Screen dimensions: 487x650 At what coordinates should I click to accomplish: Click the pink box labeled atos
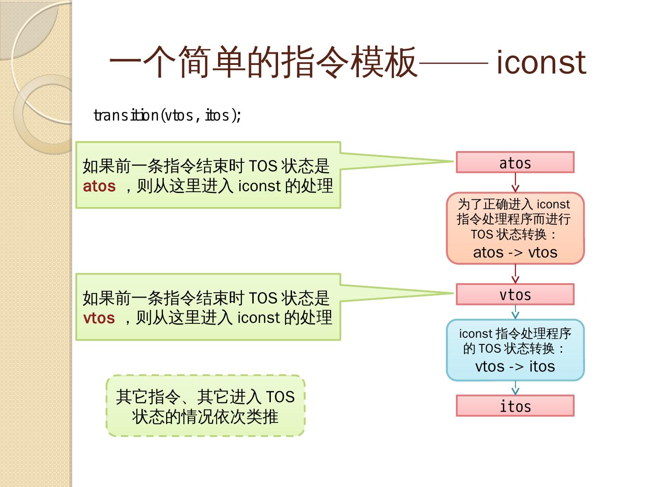click(x=515, y=162)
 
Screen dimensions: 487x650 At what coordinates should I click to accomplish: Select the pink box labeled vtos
click(x=515, y=294)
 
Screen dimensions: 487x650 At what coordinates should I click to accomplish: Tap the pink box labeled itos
click(x=515, y=406)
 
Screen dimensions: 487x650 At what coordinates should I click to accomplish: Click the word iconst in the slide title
click(x=541, y=62)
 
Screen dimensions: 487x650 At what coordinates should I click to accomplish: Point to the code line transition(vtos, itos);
click(x=167, y=115)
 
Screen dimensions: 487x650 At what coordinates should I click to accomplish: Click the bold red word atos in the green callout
click(x=99, y=186)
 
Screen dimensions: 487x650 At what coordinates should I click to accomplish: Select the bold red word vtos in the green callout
click(x=99, y=318)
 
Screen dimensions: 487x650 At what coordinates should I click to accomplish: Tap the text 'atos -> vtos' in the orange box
click(x=515, y=252)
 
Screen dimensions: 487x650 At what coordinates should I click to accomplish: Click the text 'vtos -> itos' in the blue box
click(x=515, y=366)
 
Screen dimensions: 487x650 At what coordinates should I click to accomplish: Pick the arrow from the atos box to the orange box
click(x=515, y=183)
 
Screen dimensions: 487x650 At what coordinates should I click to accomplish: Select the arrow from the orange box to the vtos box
click(x=515, y=274)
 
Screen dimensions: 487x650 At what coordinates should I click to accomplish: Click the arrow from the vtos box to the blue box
click(x=515, y=312)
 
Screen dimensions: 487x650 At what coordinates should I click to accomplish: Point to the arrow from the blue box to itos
click(x=515, y=388)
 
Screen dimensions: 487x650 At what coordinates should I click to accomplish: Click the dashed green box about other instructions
click(x=205, y=406)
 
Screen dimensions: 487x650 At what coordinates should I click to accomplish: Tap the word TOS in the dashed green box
click(x=280, y=397)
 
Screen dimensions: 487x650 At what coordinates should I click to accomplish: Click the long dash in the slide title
click(x=454, y=63)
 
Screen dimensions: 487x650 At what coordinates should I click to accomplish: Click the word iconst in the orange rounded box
click(x=553, y=204)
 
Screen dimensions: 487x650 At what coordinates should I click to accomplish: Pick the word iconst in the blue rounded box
click(x=475, y=334)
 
